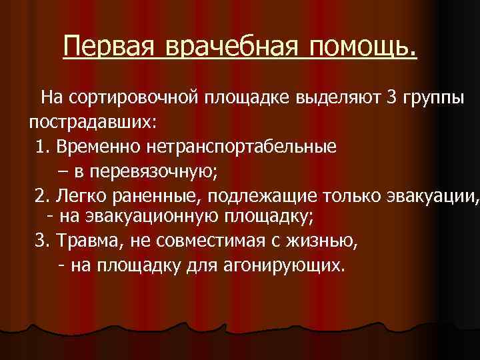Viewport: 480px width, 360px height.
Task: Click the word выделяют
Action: pos(341,99)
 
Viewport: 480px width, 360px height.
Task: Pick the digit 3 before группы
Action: pos(392,99)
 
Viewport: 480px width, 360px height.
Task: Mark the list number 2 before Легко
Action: pos(41,195)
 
